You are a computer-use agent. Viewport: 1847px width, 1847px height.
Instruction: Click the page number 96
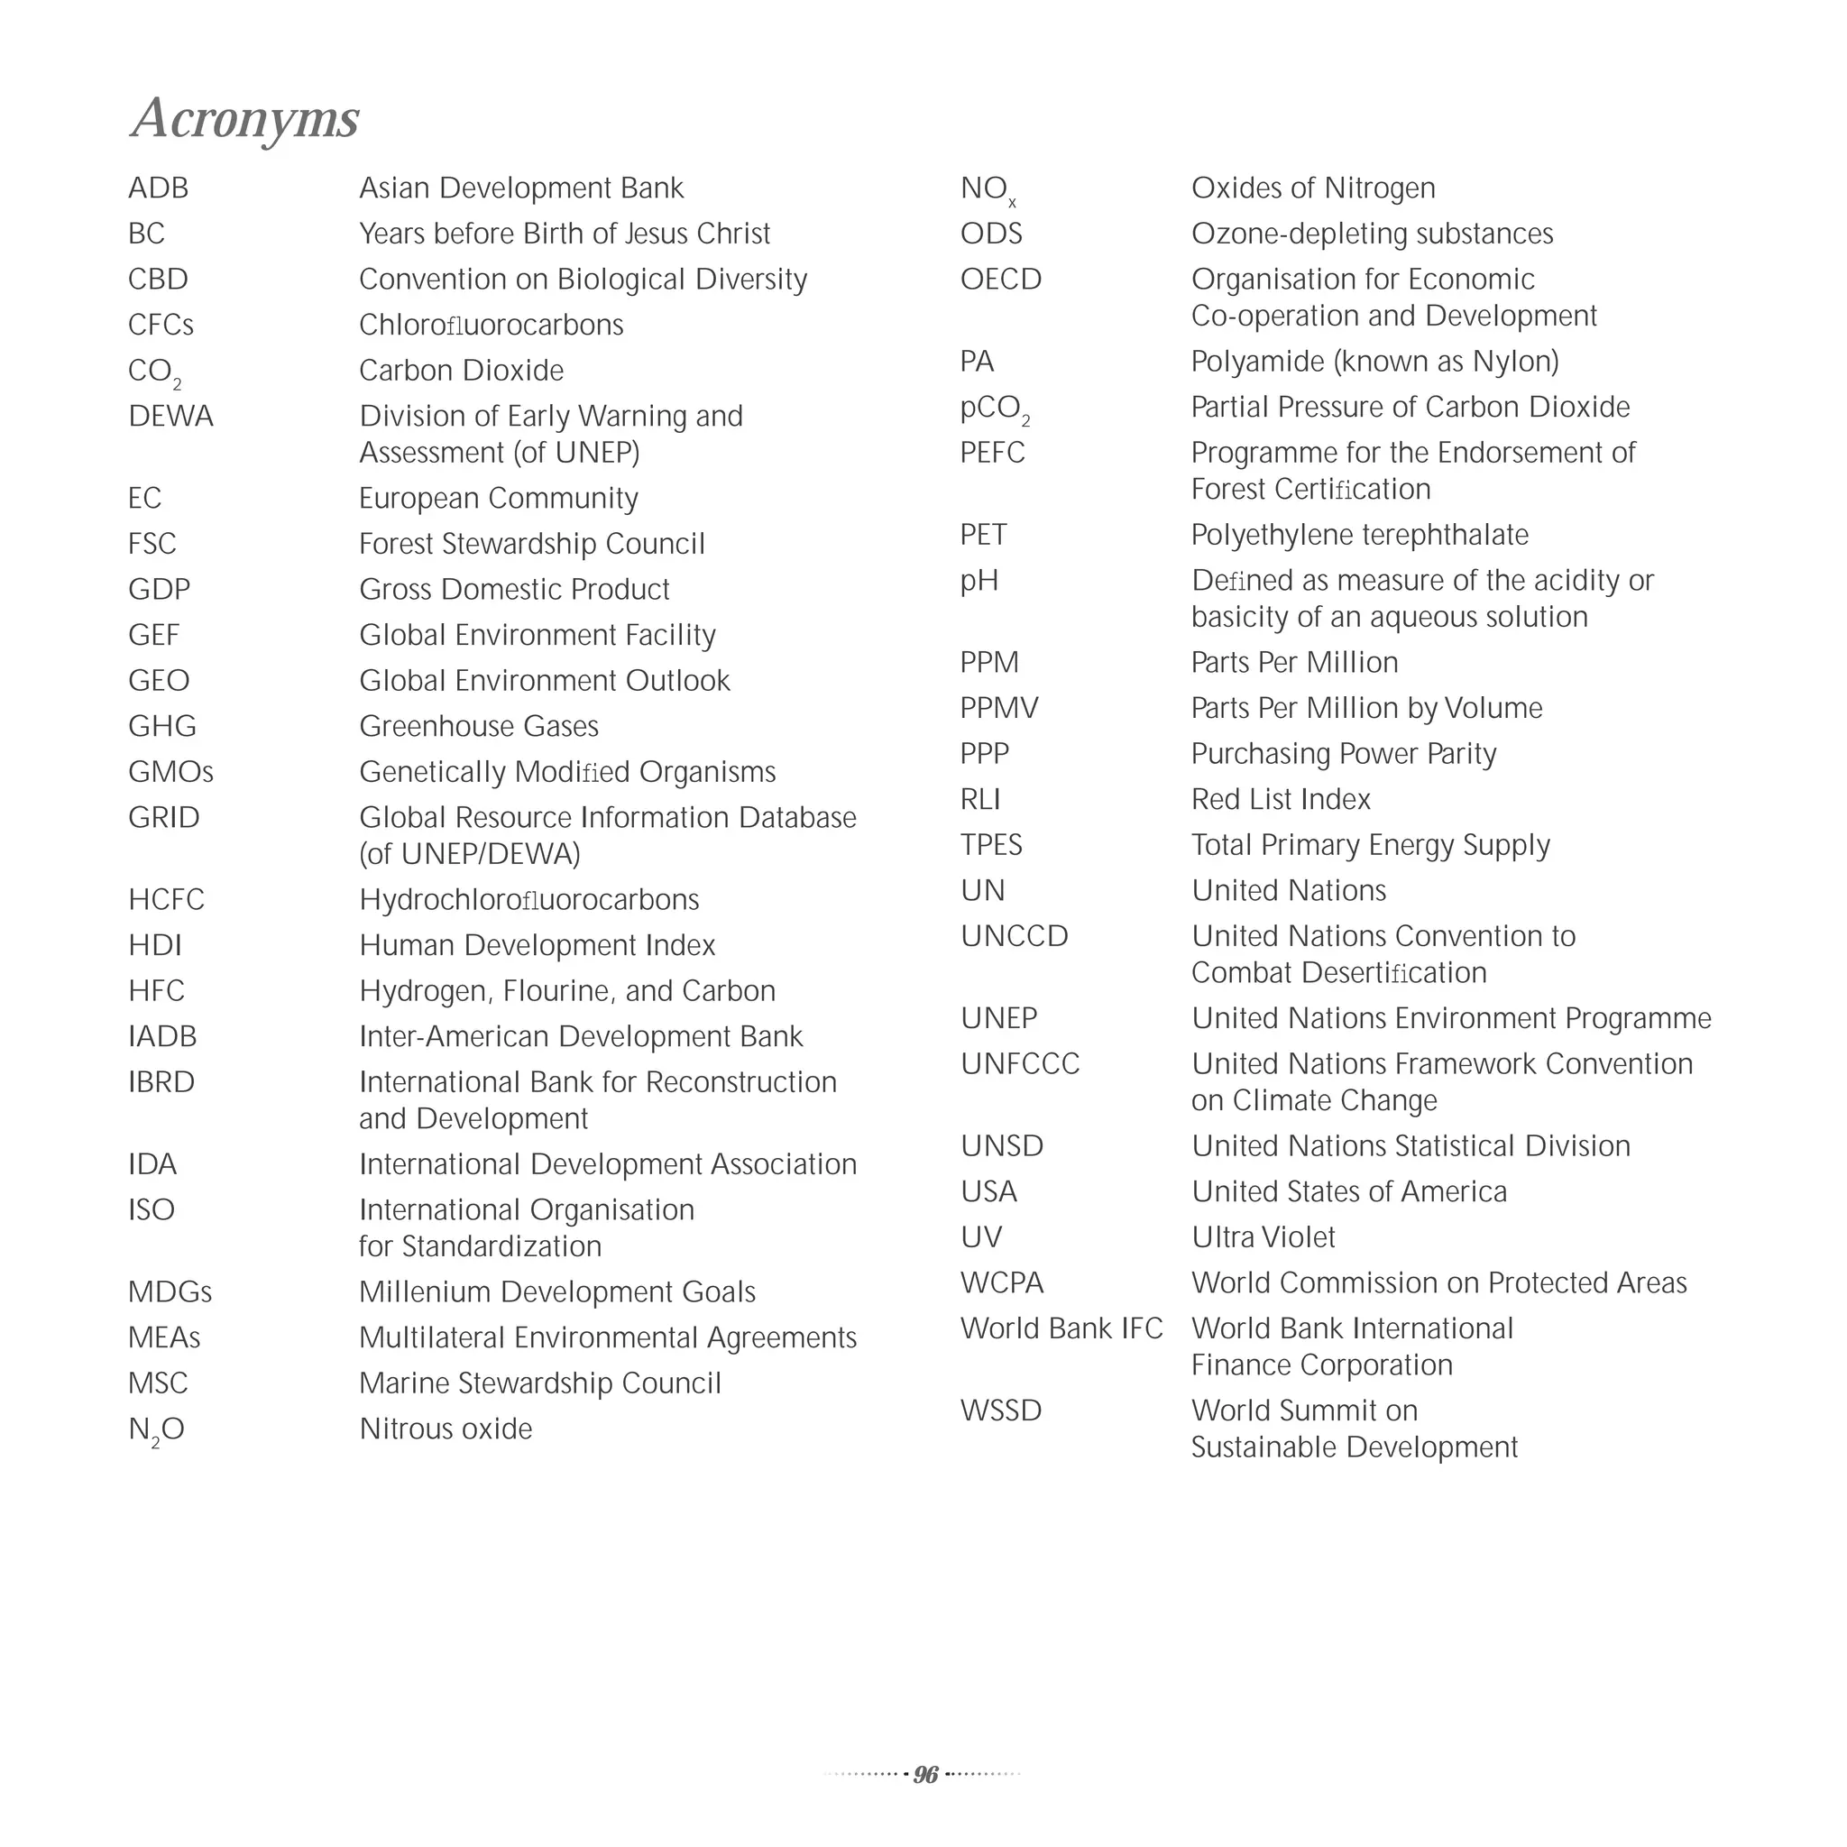924,1774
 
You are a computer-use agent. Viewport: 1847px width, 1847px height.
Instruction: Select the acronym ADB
159,188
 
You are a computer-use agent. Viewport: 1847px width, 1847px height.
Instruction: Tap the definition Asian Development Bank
521,188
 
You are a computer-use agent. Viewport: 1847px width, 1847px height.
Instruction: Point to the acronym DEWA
171,417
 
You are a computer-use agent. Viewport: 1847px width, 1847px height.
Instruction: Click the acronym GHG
162,727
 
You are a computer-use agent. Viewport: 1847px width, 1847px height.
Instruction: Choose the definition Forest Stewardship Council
531,544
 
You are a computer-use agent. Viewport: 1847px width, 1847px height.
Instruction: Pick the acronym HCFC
166,899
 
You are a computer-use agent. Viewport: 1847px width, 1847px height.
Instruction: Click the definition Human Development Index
538,945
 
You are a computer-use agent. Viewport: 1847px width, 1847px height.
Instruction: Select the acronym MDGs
170,1292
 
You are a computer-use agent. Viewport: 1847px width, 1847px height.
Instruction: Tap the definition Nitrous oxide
446,1429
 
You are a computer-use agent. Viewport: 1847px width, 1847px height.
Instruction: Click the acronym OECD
1001,280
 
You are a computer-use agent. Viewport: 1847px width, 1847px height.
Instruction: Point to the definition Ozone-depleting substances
1372,234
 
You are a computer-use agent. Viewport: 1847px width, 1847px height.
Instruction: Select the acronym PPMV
999,708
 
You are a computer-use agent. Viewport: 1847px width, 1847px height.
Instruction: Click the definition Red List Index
1281,799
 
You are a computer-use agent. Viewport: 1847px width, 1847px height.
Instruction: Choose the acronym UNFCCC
1020,1064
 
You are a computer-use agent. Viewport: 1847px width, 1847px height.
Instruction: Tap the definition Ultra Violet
1263,1238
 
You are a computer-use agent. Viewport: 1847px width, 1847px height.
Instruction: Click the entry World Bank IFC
1061,1328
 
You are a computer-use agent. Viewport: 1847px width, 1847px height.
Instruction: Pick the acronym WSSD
1001,1411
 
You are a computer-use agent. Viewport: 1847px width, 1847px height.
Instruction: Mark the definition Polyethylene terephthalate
1359,536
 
